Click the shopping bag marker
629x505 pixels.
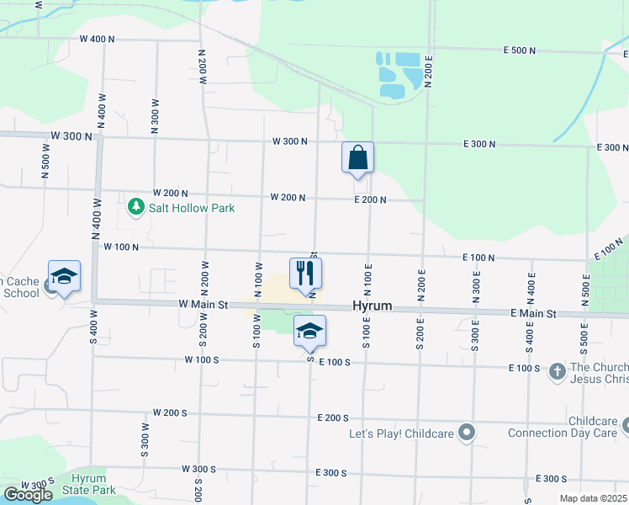pyautogui.click(x=357, y=157)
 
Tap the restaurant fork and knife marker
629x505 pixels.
pyautogui.click(x=305, y=273)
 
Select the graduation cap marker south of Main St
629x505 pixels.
pyautogui.click(x=309, y=331)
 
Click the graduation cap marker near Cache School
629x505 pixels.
pyautogui.click(x=64, y=276)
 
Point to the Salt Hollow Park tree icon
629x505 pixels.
pyautogui.click(x=135, y=206)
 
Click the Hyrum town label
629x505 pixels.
pyautogui.click(x=373, y=306)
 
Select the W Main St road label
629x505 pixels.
pyautogui.click(x=203, y=305)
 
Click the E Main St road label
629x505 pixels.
pyautogui.click(x=533, y=313)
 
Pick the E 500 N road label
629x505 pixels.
pyautogui.click(x=520, y=50)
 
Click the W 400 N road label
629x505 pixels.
pyautogui.click(x=97, y=40)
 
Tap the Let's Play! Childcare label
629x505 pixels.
pyautogui.click(x=402, y=434)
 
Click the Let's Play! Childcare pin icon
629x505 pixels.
pyautogui.click(x=468, y=434)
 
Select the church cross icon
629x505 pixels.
pyautogui.click(x=557, y=371)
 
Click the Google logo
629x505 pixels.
pyautogui.click(x=28, y=495)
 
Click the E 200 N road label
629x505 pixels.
pyautogui.click(x=370, y=199)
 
